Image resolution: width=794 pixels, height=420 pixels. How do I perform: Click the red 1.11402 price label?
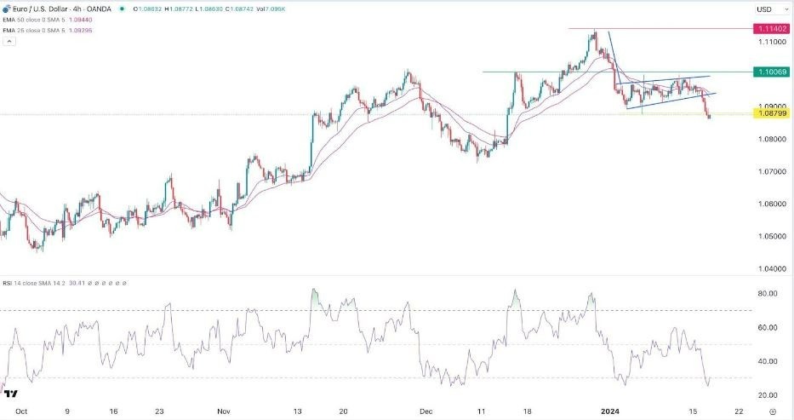[768, 28]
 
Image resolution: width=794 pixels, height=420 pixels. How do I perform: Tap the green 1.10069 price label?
[768, 72]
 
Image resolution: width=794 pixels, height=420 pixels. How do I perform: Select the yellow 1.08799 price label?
[768, 113]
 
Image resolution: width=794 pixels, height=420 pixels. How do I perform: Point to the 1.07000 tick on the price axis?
[769, 171]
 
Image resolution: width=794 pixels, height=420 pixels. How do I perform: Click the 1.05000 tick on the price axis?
[769, 236]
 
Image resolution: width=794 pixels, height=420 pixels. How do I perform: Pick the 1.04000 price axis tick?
[769, 268]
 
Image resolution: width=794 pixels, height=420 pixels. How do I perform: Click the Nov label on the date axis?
[224, 411]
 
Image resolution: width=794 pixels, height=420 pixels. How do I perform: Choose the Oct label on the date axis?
[21, 411]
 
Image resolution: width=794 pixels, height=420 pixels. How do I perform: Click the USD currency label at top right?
[763, 9]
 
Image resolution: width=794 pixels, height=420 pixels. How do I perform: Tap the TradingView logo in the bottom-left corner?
[10, 393]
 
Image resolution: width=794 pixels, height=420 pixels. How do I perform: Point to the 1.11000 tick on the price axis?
[769, 42]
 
